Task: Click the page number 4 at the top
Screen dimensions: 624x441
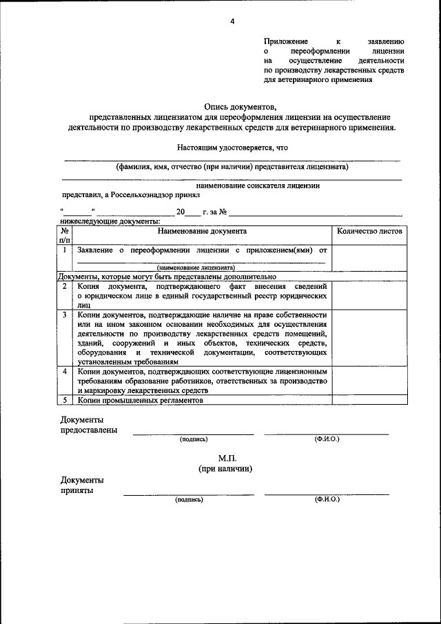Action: coord(232,21)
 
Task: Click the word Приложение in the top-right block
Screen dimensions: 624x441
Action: coord(287,41)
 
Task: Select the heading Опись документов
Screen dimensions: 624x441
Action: coord(240,107)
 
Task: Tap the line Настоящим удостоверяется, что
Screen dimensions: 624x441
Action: coord(232,148)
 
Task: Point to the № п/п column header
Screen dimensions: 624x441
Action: coord(64,236)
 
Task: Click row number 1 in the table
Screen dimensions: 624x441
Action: coord(64,250)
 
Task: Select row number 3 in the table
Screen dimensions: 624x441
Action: coord(64,314)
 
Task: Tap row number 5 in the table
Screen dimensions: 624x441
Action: coord(64,399)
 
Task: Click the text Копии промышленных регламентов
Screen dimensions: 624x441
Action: coord(141,399)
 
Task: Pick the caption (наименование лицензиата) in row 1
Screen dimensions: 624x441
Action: coord(196,267)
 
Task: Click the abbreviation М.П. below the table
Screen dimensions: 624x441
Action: coord(227,458)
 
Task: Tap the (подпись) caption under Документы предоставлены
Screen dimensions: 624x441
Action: coord(193,439)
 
